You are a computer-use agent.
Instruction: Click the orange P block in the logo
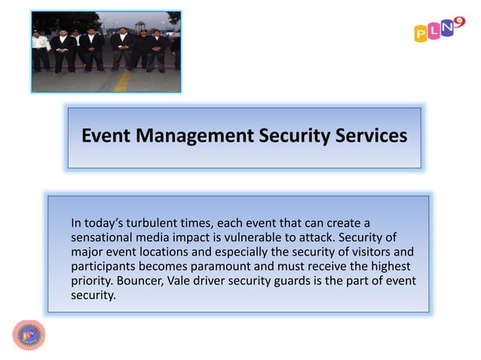coord(421,34)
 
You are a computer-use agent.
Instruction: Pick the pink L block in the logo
coord(434,31)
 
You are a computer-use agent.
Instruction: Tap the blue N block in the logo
coord(446,29)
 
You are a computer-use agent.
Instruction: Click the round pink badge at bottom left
coord(29,335)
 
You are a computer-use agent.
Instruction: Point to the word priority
coord(91,280)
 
